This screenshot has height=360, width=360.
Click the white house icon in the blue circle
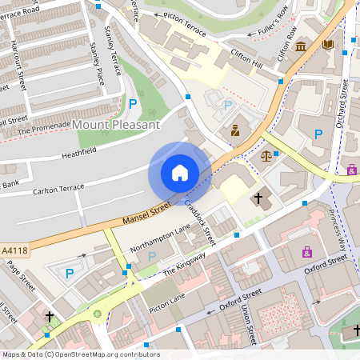[x=180, y=173]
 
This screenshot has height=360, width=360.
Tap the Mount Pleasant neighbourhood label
[x=116, y=125]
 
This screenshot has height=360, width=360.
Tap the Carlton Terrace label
[x=58, y=188]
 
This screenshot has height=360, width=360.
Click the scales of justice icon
[x=266, y=156]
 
